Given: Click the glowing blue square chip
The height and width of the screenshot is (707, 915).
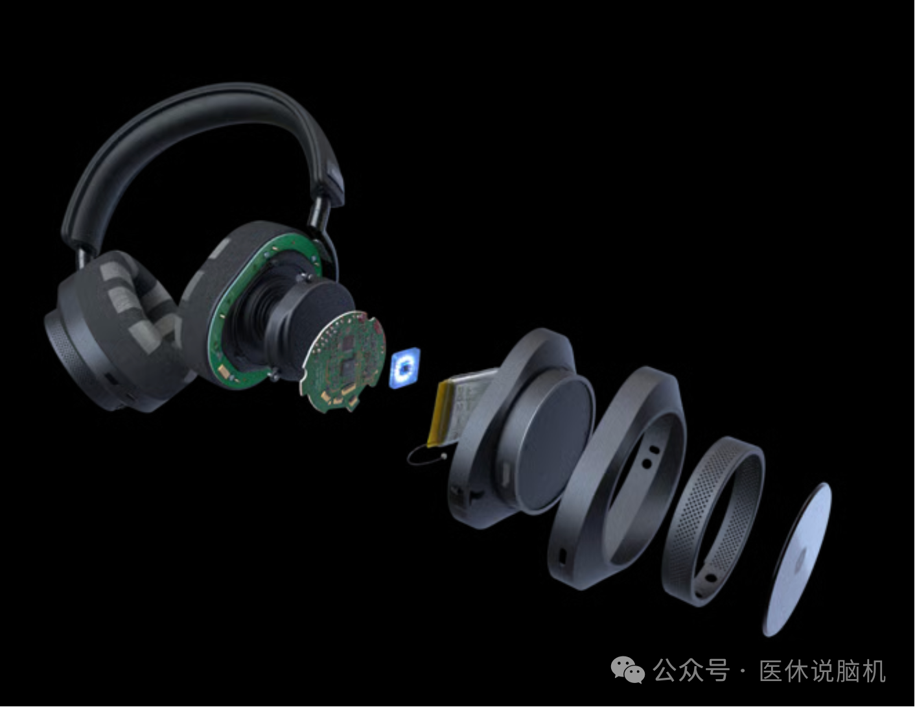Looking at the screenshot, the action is (x=404, y=367).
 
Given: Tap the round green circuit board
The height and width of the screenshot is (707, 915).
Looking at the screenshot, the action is (x=343, y=361).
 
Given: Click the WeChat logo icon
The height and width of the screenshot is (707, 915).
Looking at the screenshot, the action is (x=627, y=670).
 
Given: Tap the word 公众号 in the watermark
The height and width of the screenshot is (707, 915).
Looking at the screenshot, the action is (x=691, y=670).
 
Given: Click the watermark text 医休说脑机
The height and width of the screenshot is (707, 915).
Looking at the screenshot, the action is (x=822, y=670).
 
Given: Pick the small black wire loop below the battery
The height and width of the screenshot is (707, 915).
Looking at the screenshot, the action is (x=425, y=457).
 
